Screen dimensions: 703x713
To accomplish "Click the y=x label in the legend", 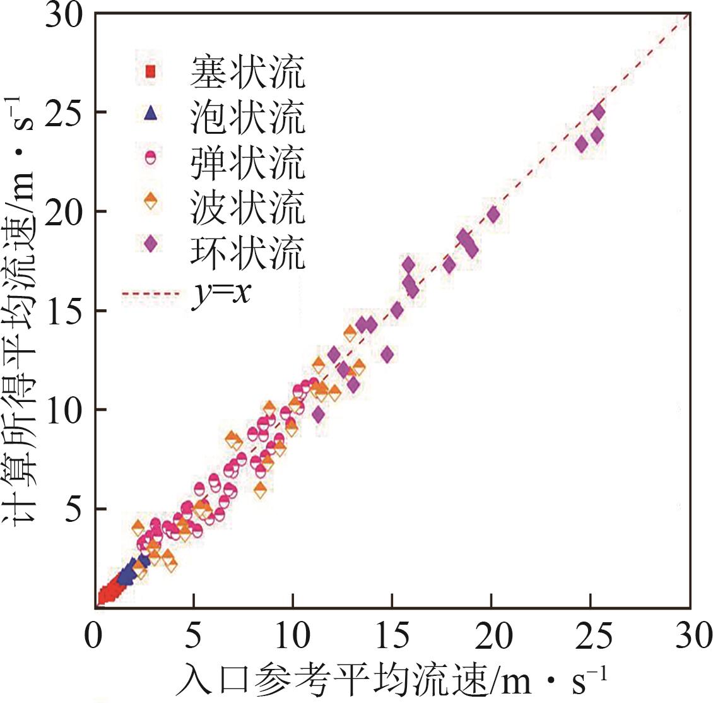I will pyautogui.click(x=221, y=294).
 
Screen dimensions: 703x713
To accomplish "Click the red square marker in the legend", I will pyautogui.click(x=150, y=71).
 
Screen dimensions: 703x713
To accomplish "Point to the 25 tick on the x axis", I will pyautogui.click(x=591, y=636).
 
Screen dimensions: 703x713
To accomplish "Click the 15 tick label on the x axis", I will pyautogui.click(x=392, y=636).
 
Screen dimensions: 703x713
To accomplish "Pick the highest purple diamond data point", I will pyautogui.click(x=599, y=112).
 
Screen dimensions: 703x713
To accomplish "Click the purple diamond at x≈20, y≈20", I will pyautogui.click(x=493, y=215).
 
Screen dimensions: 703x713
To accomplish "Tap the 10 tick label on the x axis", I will pyautogui.click(x=293, y=636).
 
